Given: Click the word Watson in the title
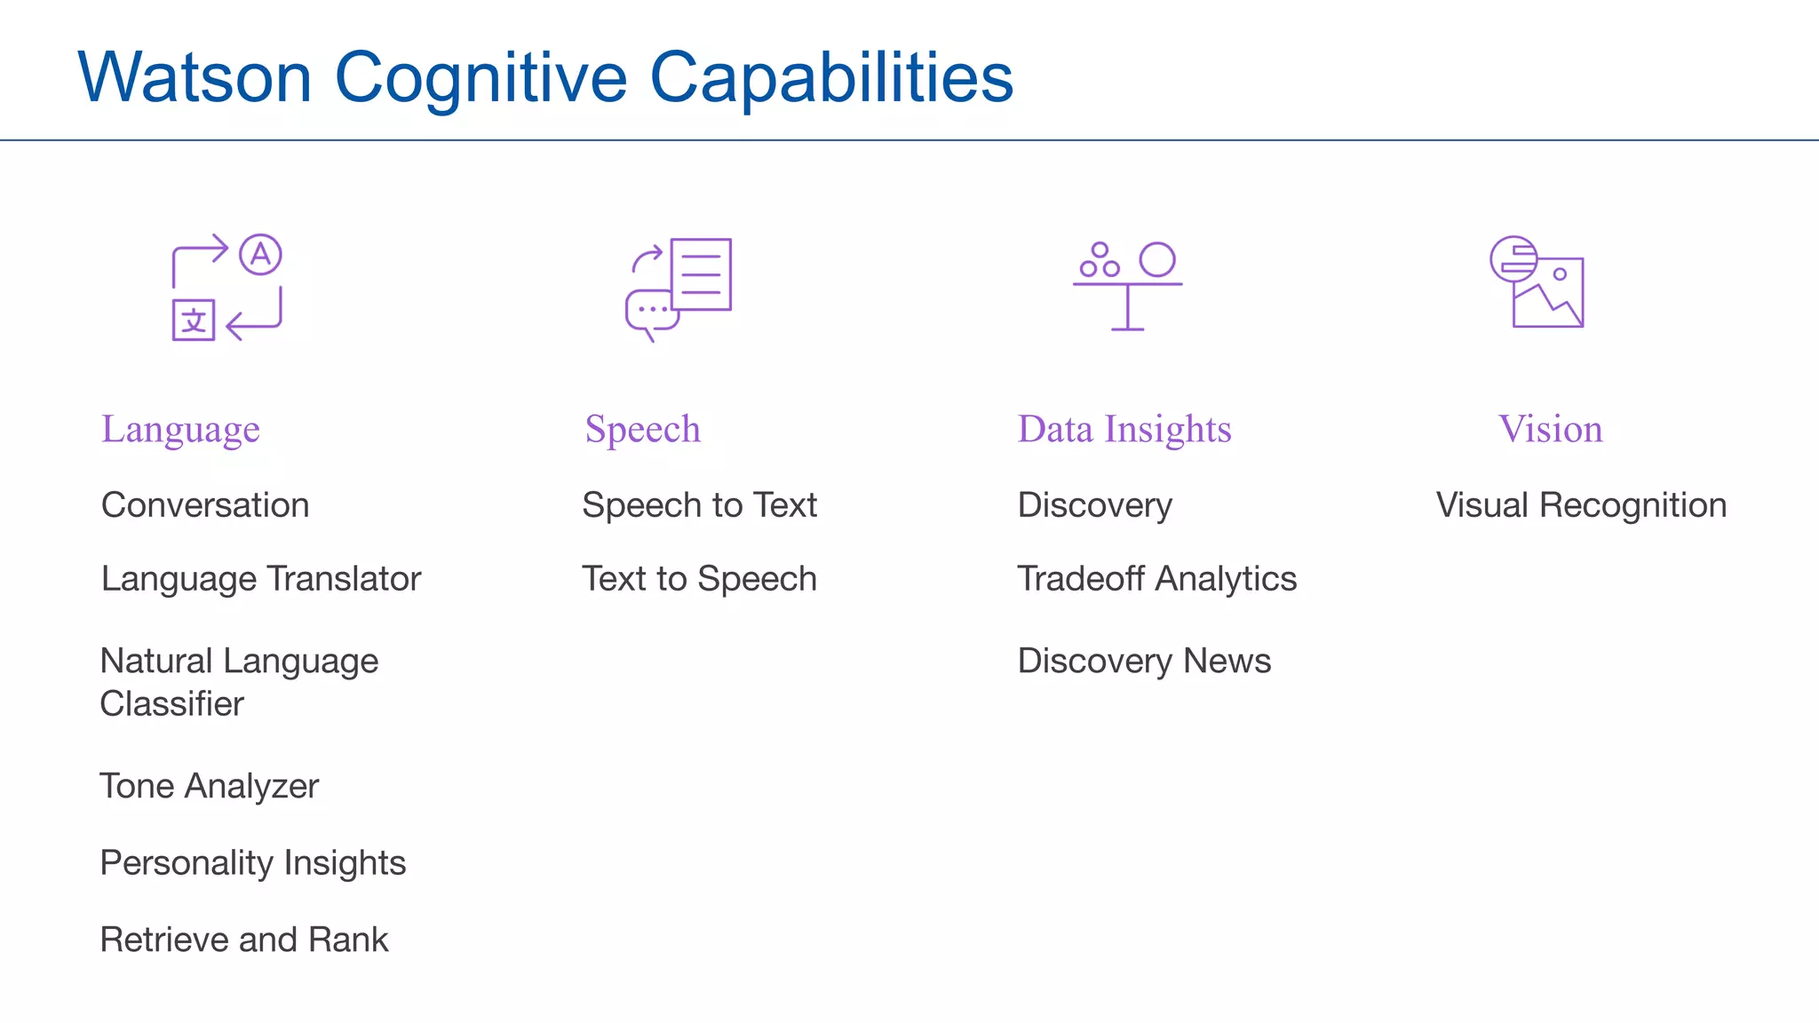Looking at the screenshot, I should [x=195, y=78].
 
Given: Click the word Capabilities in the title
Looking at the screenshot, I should [x=831, y=78].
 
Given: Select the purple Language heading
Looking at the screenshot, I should [x=180, y=430].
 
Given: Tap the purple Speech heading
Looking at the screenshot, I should [x=642, y=430].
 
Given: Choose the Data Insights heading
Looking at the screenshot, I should [x=1124, y=430].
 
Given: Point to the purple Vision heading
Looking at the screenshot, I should [x=1550, y=430].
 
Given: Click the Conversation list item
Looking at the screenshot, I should [x=205, y=505].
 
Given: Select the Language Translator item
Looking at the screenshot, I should [x=260, y=579].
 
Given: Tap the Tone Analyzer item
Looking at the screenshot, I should [x=209, y=787].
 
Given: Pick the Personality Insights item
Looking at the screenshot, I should [x=252, y=863].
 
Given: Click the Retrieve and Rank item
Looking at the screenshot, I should [x=243, y=940].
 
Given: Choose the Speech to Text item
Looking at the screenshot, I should [x=699, y=505].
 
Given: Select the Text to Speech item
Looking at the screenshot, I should [x=699, y=579].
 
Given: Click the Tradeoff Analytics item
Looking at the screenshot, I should [x=1156, y=579].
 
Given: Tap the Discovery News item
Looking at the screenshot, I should [x=1144, y=662].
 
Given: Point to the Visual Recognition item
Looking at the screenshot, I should [x=1581, y=505].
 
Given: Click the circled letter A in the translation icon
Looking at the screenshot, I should [x=260, y=255].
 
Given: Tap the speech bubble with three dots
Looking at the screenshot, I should [x=651, y=311].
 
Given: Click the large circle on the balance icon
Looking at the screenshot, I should [x=1156, y=259].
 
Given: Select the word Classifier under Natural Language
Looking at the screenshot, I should [x=171, y=704].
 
